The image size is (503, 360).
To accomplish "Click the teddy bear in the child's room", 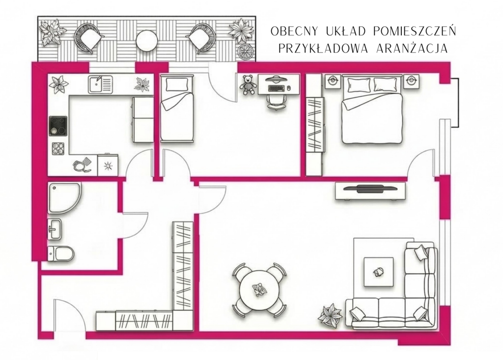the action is (249, 84).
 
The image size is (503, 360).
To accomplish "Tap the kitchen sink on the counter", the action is (100, 84).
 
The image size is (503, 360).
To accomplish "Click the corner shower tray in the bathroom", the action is (65, 198).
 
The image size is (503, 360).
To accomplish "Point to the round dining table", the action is (258, 290).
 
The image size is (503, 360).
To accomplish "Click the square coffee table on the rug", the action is (379, 272).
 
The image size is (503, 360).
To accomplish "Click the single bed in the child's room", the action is (177, 108).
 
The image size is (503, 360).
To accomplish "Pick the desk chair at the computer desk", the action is (276, 102).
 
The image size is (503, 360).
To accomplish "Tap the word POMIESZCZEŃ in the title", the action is (415, 31).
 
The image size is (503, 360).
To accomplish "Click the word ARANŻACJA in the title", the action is (412, 49).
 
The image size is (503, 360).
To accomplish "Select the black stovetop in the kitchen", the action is (58, 125).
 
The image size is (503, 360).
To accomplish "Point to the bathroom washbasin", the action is (55, 229).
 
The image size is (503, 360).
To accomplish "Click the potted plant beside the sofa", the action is (331, 315).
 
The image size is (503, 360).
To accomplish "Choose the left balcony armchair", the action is (89, 38).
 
